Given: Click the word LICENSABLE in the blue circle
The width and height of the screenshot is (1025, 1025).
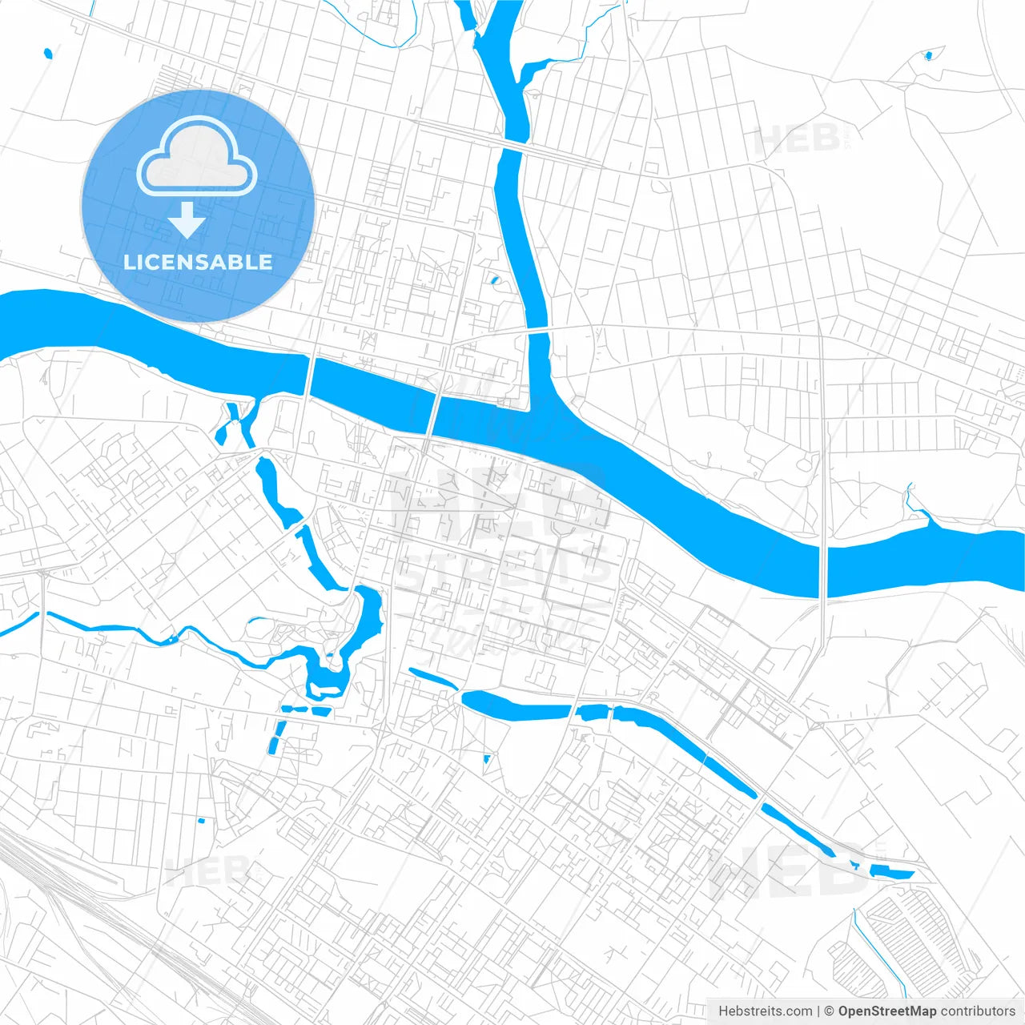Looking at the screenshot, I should point(198,262).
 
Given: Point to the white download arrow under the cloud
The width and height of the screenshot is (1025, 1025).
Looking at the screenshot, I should point(187,219).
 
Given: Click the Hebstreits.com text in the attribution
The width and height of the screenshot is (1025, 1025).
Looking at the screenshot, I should point(765,1011).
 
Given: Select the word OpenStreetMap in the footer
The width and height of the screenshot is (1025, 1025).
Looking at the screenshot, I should point(886,1011).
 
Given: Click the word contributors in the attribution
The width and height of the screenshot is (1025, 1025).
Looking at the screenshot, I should point(978,1011).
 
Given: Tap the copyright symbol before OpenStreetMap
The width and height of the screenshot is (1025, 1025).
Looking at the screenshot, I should point(830,1011).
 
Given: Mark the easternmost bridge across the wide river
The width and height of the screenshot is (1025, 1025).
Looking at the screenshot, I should point(823,572).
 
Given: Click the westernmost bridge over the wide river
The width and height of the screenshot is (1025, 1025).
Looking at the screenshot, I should point(310,376).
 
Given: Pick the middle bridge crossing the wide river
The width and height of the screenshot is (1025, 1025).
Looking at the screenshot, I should point(433,413).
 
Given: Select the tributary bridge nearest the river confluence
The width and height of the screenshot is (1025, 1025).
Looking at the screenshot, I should point(538,329).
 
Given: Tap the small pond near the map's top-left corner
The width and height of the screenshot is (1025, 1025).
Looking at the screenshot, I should point(48,54).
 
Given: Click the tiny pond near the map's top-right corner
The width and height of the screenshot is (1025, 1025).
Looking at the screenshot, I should point(928,55).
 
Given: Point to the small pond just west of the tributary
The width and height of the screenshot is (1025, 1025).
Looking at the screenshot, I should point(494,281).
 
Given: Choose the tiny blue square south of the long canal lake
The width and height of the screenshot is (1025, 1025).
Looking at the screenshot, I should point(486,758).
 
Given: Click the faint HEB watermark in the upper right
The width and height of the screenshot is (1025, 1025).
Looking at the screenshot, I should point(796,141).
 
